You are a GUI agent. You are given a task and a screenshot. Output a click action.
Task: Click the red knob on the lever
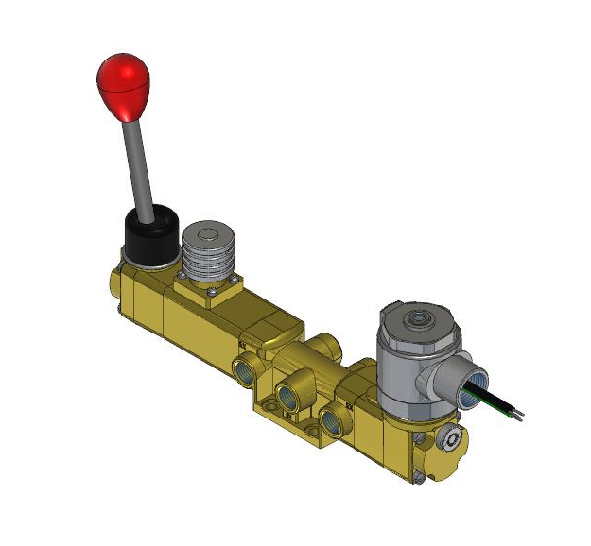pos(123,87)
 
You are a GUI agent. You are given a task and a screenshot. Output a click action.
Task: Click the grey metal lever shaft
pos(139,170)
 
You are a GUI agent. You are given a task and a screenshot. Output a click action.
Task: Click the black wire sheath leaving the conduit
pos(492,397)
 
